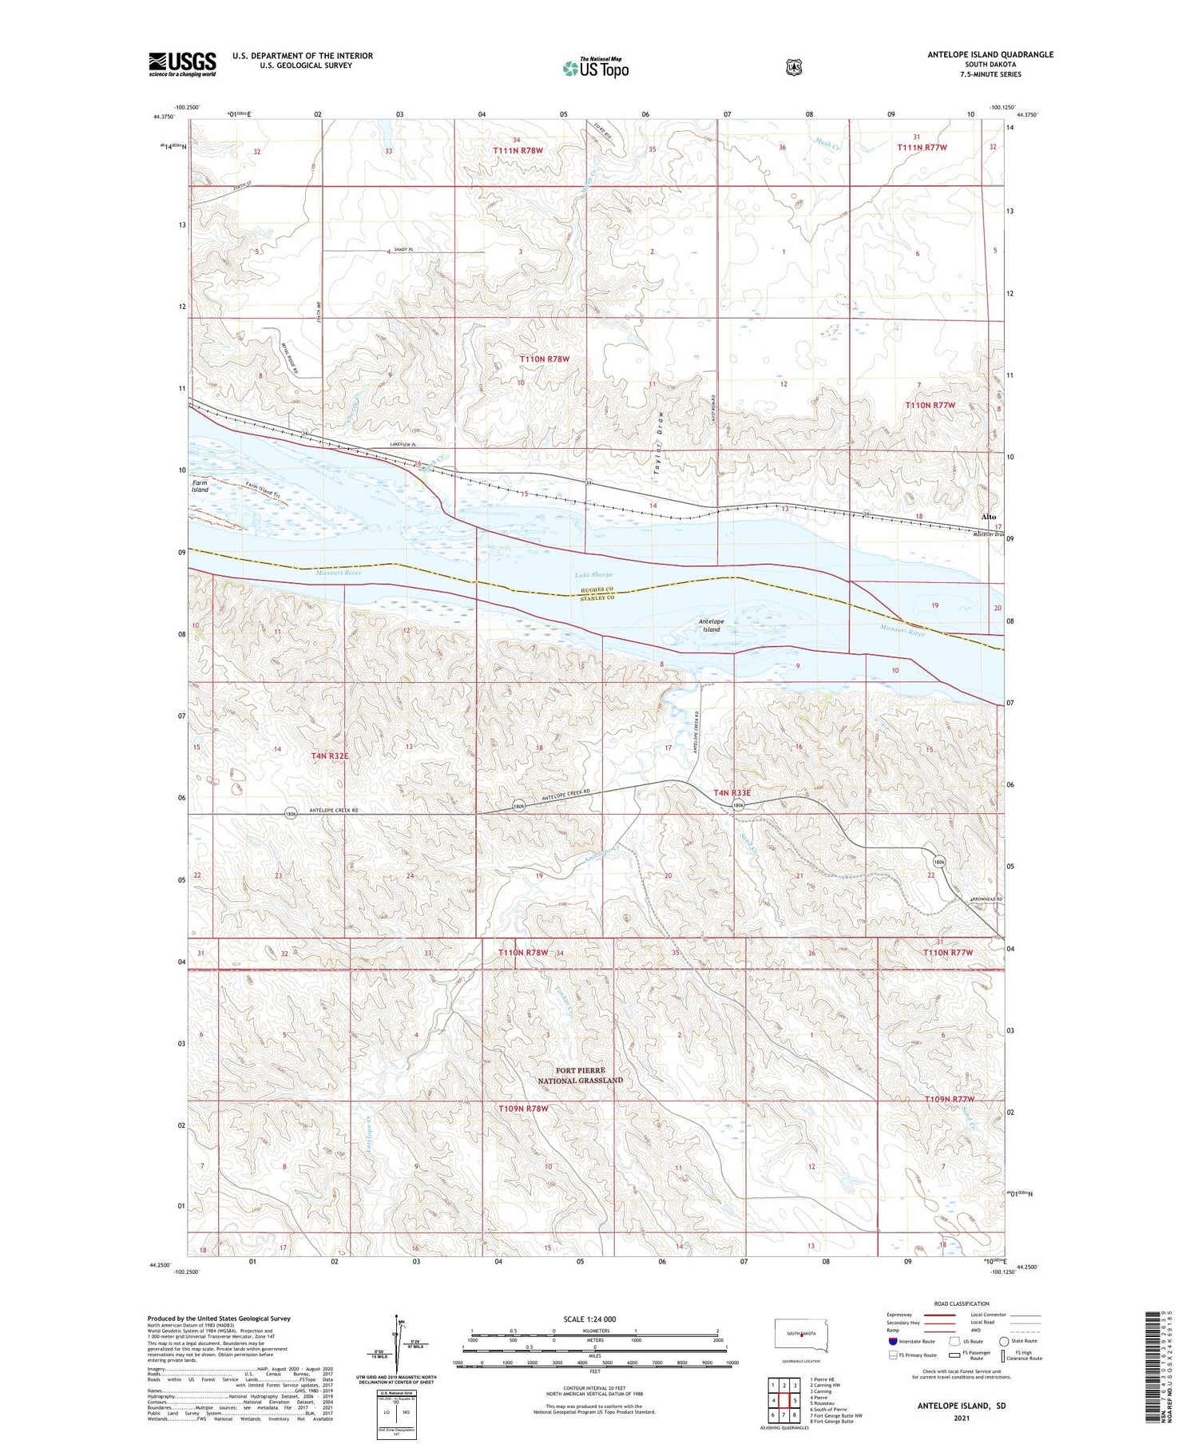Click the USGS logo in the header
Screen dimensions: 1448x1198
182,64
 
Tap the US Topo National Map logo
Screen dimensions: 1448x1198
596,68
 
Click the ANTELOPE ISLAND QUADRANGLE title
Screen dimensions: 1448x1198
990,54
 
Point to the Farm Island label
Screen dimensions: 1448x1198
200,486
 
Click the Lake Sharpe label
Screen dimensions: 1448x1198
593,575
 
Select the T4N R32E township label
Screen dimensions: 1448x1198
330,755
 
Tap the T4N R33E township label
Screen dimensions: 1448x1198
732,792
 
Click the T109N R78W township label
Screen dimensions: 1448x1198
524,1109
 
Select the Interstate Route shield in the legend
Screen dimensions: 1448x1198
893,1341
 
